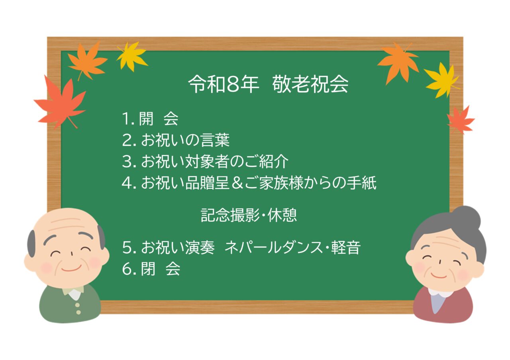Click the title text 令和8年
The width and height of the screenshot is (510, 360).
224,84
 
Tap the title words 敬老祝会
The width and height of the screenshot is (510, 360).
310,84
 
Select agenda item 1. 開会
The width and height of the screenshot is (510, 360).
150,119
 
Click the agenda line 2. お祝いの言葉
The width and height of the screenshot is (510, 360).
176,140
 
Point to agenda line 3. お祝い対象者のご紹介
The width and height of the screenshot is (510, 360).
205,161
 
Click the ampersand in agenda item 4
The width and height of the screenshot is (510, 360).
237,183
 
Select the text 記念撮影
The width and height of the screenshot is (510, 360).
230,215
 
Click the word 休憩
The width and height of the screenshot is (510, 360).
282,215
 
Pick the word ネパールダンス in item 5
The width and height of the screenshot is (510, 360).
273,247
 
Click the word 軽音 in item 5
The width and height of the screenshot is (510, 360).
346,247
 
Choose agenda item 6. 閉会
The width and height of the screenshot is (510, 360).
151,269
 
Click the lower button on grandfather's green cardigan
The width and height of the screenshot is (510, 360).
78,312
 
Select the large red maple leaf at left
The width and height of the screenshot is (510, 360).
60,102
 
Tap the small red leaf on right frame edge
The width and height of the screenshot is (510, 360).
460,120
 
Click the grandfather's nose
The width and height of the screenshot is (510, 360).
71,254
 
